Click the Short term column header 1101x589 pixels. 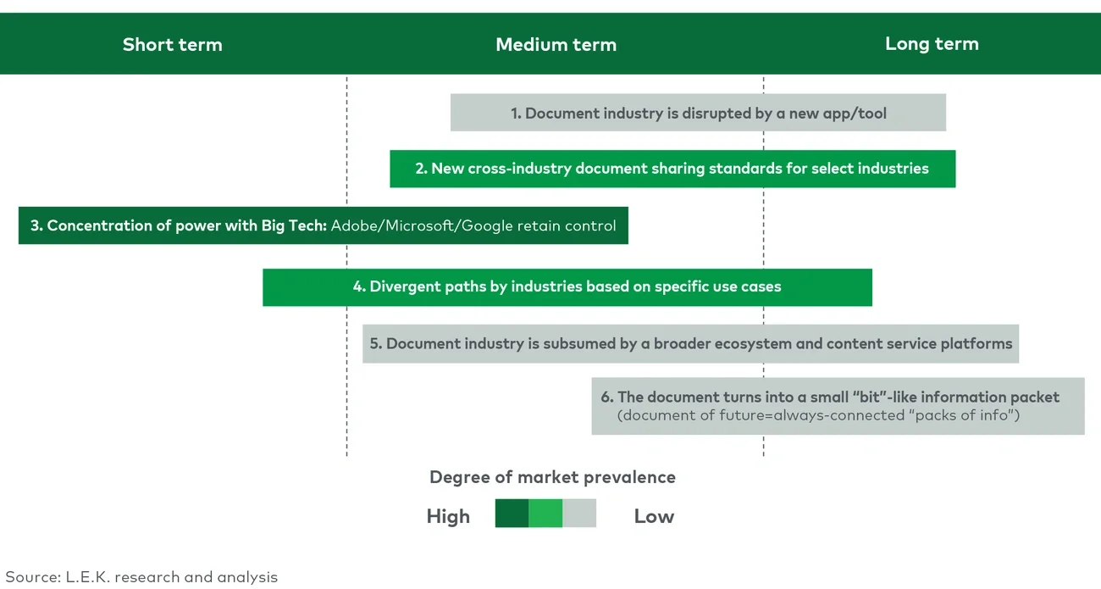tap(172, 45)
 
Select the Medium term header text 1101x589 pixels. tap(556, 45)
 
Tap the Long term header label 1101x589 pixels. tap(932, 44)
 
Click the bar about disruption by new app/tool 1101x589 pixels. tap(698, 113)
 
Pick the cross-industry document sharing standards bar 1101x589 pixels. tap(672, 169)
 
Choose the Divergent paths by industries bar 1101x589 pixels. tap(567, 287)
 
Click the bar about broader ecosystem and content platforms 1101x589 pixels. tap(690, 344)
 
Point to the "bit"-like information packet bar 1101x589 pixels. tap(838, 405)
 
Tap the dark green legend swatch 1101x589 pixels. tap(512, 514)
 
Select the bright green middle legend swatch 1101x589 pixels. tap(545, 514)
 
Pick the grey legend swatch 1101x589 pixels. tap(579, 514)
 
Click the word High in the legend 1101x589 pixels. tap(448, 516)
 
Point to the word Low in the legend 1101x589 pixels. tap(654, 516)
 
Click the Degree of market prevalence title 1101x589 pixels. tap(552, 477)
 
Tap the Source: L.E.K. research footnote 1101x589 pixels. tap(141, 577)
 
